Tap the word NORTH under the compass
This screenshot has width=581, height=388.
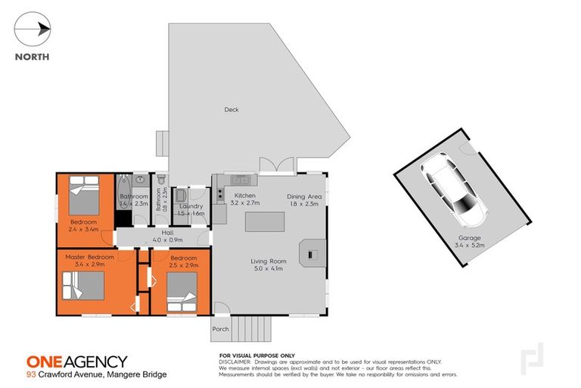[33, 56]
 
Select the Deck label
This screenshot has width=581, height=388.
[231, 110]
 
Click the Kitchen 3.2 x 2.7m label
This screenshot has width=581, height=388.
[244, 199]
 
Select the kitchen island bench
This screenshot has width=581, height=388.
[264, 221]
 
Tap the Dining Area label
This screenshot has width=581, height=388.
[304, 200]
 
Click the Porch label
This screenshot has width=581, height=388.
[220, 329]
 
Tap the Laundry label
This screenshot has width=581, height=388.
[190, 211]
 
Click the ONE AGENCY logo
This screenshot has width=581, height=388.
[76, 361]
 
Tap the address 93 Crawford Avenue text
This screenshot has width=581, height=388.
[96, 374]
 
